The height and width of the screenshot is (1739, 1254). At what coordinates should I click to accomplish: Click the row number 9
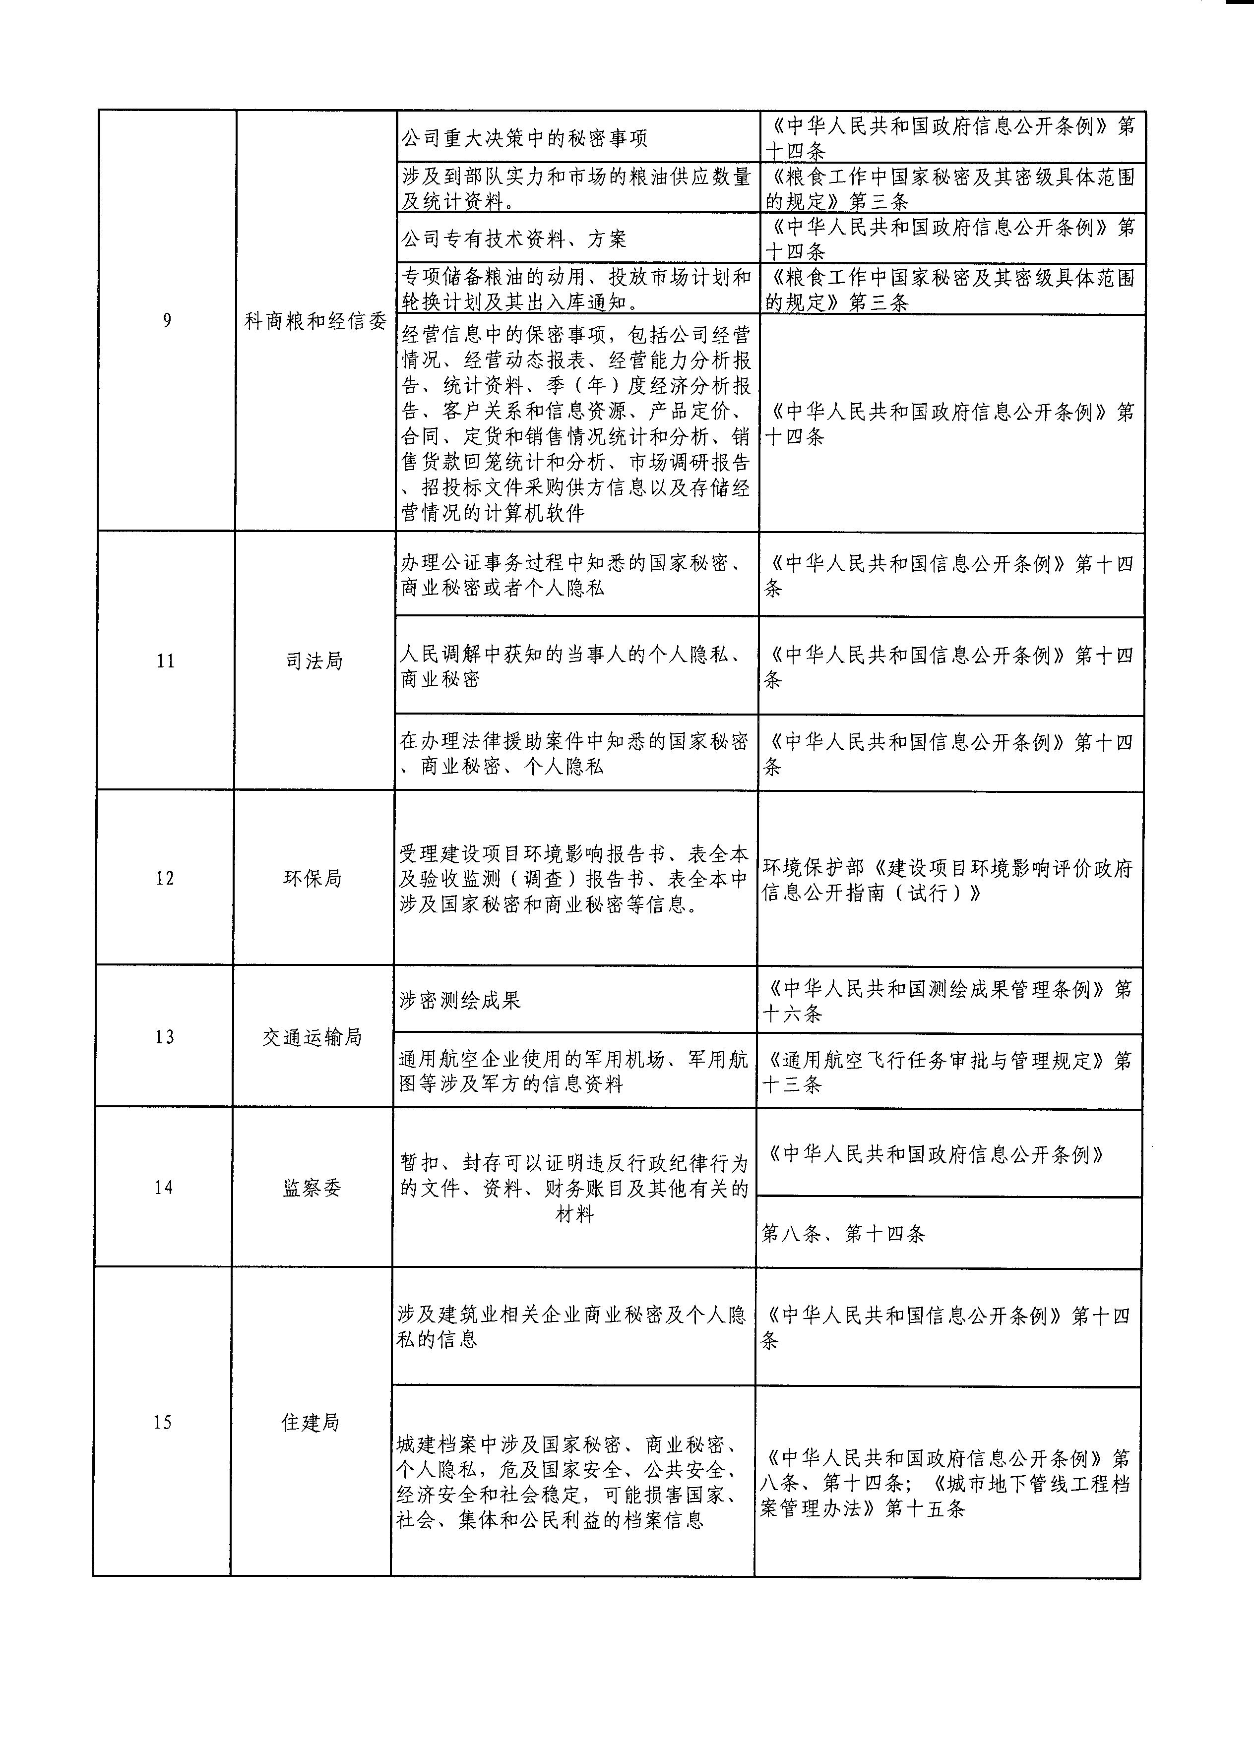[x=167, y=320]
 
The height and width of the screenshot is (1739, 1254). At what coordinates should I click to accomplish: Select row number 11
[x=166, y=661]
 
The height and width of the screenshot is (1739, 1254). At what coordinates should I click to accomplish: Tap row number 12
[x=165, y=878]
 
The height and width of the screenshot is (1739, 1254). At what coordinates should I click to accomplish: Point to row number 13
[x=164, y=1037]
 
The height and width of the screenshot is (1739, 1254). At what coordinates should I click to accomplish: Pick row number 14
[x=163, y=1188]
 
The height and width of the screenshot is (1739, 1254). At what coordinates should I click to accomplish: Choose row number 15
[x=162, y=1422]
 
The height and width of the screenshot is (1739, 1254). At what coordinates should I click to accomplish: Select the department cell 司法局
[x=313, y=661]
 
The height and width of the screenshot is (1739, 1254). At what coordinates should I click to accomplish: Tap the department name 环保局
[x=312, y=878]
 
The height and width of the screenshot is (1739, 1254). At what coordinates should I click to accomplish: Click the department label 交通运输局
[x=312, y=1037]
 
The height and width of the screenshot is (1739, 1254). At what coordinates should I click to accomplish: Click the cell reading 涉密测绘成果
[x=460, y=1000]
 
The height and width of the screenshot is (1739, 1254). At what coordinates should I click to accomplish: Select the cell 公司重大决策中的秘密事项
[x=525, y=138]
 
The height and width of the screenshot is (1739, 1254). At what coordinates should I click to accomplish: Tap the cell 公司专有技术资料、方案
[x=514, y=239]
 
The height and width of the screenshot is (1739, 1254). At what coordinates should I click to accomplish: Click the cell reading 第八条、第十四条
[x=844, y=1234]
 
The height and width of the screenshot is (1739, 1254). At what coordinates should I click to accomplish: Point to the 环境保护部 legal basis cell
[x=947, y=880]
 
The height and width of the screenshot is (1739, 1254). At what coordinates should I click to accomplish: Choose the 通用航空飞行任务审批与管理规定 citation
[x=947, y=1072]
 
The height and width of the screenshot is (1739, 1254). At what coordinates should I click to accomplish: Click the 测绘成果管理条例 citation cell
[x=947, y=1001]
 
